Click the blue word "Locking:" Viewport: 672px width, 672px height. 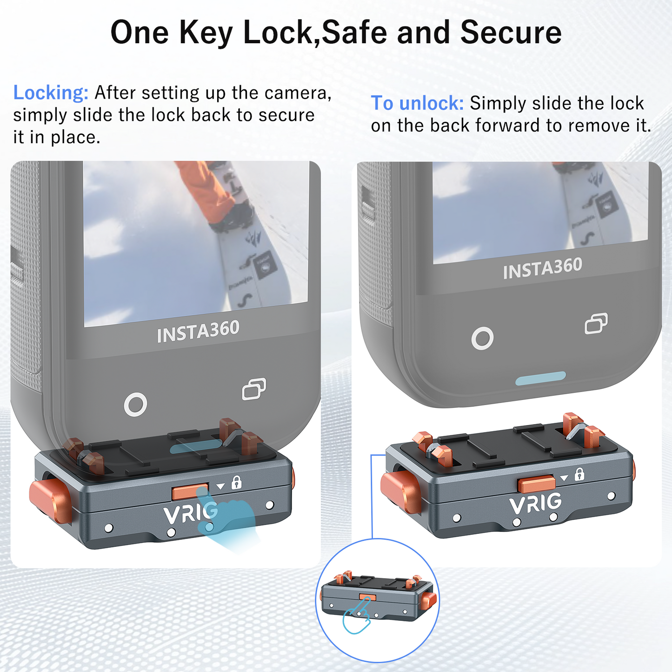click(51, 93)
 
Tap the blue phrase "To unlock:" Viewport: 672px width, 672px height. click(417, 103)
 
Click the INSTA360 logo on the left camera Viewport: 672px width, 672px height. click(198, 332)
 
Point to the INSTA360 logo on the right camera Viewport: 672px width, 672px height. click(542, 268)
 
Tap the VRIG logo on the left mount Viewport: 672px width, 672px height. click(190, 513)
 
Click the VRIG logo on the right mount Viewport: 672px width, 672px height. click(535, 504)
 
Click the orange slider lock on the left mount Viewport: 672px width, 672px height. click(190, 492)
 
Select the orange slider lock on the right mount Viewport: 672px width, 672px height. click(537, 484)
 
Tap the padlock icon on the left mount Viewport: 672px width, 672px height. click(236, 482)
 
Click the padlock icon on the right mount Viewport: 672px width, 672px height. click(579, 474)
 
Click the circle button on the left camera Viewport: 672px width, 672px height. click(135, 405)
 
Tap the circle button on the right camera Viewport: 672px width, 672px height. click(482, 338)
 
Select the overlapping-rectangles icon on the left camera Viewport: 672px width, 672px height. click(254, 389)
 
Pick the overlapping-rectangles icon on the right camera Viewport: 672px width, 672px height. click(596, 324)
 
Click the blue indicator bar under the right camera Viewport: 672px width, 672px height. click(540, 379)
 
